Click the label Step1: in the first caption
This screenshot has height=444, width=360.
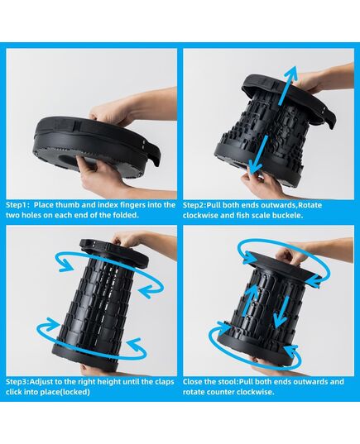point(17,205)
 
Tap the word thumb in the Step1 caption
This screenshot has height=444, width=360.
point(67,205)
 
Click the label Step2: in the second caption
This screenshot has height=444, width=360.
point(194,205)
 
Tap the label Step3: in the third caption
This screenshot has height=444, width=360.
point(17,382)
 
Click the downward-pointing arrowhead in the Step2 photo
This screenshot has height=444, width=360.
point(255,166)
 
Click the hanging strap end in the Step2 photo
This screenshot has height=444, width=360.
point(329,118)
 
